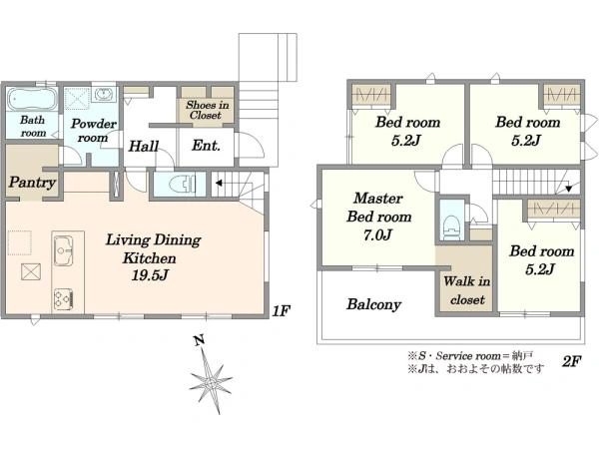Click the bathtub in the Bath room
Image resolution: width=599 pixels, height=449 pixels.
(x=32, y=99)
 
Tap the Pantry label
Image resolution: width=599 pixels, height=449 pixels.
(x=33, y=183)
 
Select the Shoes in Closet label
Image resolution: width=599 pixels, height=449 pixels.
(x=207, y=110)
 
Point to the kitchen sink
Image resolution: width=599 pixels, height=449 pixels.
(x=64, y=250)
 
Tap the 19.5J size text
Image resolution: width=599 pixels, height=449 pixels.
(x=150, y=275)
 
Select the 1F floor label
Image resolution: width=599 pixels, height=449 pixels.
(x=282, y=311)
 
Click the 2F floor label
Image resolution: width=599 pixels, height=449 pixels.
(x=571, y=361)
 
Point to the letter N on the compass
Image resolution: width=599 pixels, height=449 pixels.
(x=199, y=339)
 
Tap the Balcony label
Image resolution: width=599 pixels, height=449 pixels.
(x=373, y=304)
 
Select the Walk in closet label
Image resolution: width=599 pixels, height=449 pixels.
(x=467, y=290)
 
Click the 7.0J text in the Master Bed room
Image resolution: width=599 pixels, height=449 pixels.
(x=377, y=234)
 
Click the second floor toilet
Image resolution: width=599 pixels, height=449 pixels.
(x=451, y=226)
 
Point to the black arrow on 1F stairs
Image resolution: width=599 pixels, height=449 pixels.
(x=219, y=184)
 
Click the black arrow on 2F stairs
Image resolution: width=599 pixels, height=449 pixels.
(x=568, y=189)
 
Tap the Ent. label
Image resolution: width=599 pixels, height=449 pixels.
(x=206, y=146)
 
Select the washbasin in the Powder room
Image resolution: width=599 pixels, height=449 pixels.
(x=103, y=94)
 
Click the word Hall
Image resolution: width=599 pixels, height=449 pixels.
(x=144, y=146)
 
